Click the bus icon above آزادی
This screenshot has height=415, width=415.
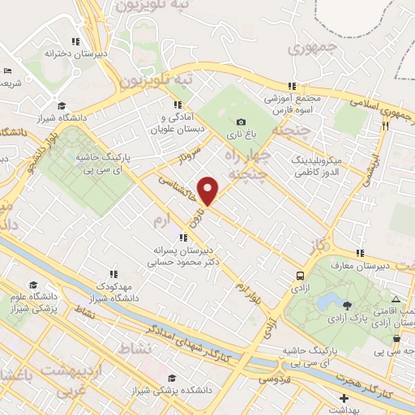pyautogui.click(x=301, y=275)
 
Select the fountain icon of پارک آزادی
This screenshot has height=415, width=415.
pyautogui.click(x=348, y=305)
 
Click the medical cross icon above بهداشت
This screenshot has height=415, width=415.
pyautogui.click(x=344, y=399)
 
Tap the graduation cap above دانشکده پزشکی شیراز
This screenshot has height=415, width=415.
pyautogui.click(x=171, y=378)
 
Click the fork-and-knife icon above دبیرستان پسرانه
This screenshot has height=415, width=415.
pyautogui.click(x=184, y=237)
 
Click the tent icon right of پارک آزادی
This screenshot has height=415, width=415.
pyautogui.click(x=396, y=299)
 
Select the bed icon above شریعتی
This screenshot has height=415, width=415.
pyautogui.click(x=7, y=71)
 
